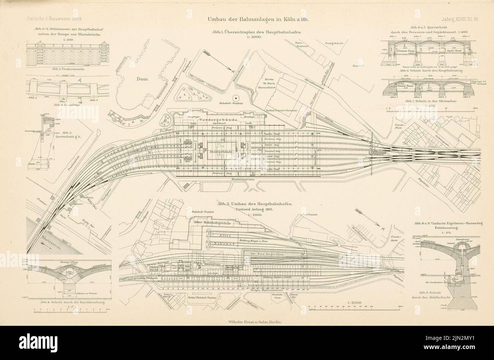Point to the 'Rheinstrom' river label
[x=49, y=240]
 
